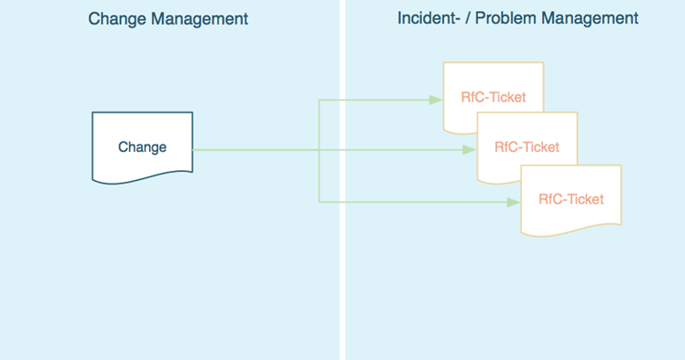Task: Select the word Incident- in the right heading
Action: coord(428,18)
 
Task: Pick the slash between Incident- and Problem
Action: coord(467,18)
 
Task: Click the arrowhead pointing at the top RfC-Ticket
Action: coord(437,99)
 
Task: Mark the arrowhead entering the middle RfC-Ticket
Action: coord(470,150)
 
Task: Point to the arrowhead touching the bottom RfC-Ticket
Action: coord(514,202)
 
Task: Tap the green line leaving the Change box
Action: coord(255,150)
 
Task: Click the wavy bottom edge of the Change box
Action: coord(142,180)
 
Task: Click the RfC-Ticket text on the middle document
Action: coord(526,146)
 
